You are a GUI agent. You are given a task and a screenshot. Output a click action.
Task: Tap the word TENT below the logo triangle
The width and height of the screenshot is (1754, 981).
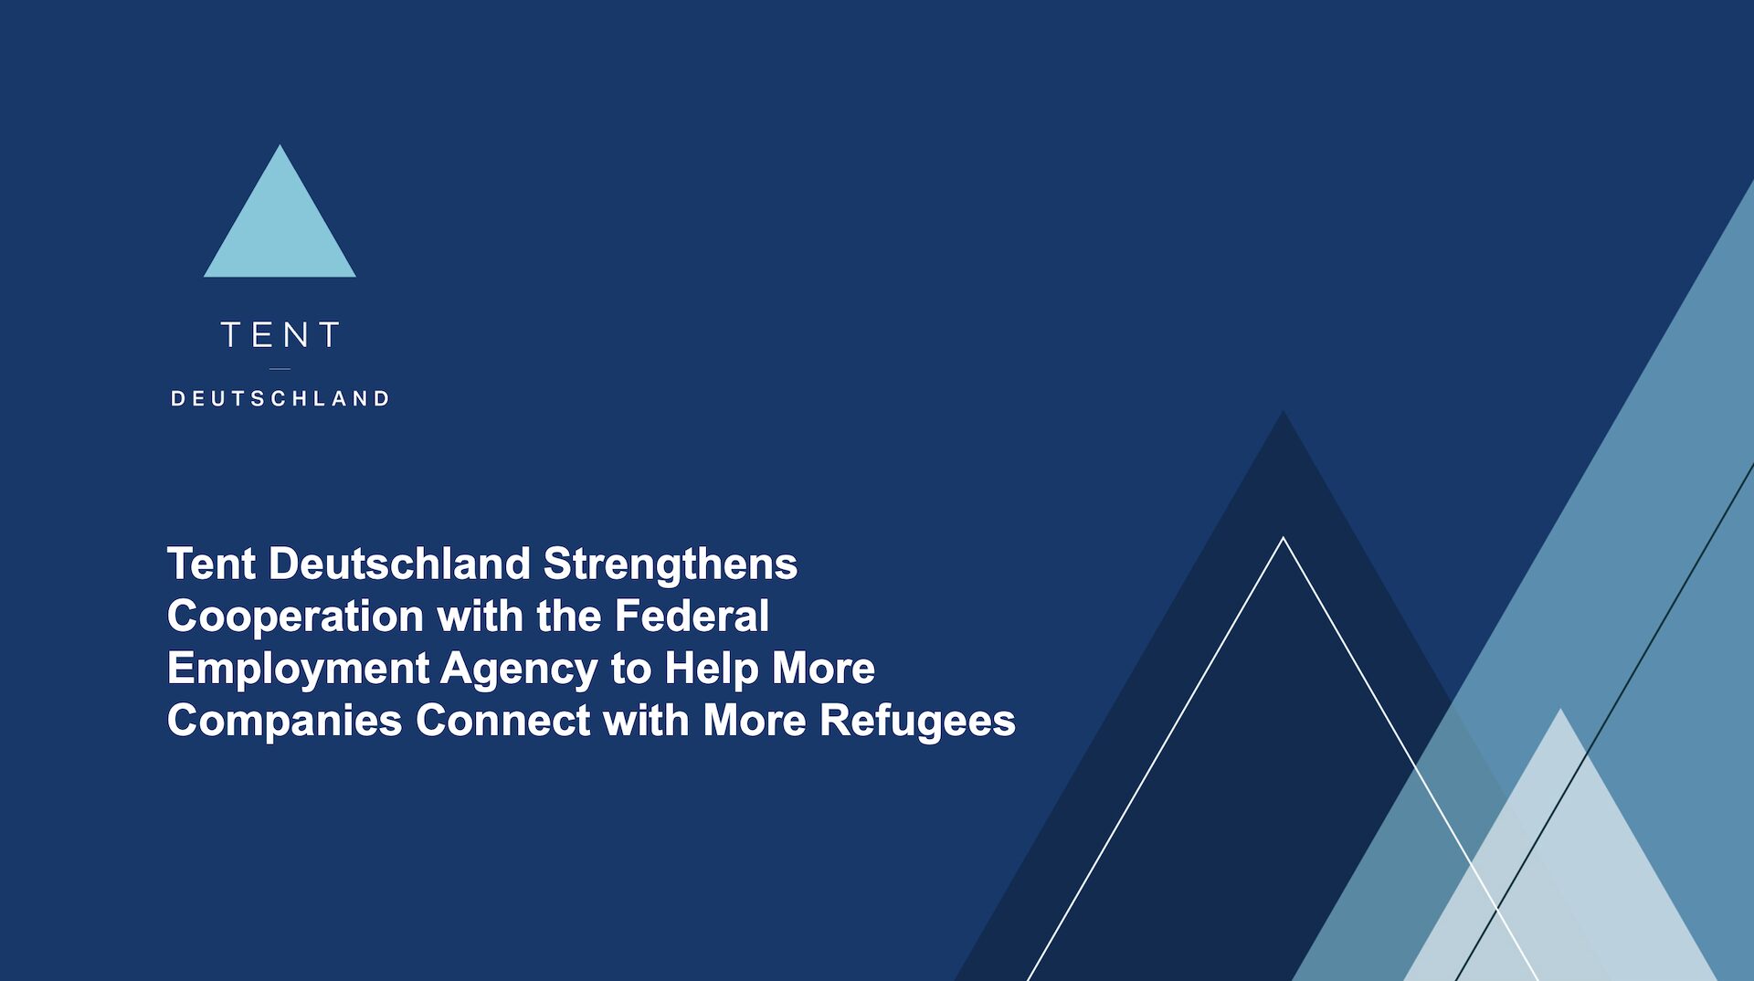coord(280,335)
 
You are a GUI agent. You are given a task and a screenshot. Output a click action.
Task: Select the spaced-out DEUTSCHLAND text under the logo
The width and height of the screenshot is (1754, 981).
coord(280,398)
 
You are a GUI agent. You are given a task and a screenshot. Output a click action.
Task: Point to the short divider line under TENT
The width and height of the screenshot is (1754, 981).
coord(280,369)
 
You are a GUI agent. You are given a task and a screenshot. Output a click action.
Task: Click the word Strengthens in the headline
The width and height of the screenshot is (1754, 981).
coord(671,564)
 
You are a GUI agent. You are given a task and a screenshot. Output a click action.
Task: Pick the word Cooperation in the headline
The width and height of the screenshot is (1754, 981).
coord(295,617)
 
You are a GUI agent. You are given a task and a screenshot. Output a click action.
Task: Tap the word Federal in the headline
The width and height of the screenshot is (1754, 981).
coord(692,616)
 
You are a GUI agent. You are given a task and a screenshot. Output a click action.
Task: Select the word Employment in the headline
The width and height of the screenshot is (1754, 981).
coord(298,669)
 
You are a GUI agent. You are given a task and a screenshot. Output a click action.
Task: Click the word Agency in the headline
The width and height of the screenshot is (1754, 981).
coord(519,669)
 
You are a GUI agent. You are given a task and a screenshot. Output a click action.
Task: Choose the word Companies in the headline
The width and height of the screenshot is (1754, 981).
coord(284,721)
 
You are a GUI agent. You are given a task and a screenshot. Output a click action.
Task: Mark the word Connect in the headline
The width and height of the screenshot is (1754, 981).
coord(503,721)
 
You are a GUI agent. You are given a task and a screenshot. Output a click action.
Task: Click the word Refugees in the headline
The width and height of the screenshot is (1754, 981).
coord(917,721)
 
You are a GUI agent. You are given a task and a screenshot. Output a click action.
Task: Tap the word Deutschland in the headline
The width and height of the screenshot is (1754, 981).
coord(399,564)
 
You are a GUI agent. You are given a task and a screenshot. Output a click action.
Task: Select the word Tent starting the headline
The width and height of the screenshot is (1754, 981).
coord(211,564)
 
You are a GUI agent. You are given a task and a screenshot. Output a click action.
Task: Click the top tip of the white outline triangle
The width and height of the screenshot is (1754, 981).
coord(1284,538)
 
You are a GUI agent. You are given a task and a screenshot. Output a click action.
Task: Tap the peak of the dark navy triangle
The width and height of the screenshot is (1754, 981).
coord(1284,411)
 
